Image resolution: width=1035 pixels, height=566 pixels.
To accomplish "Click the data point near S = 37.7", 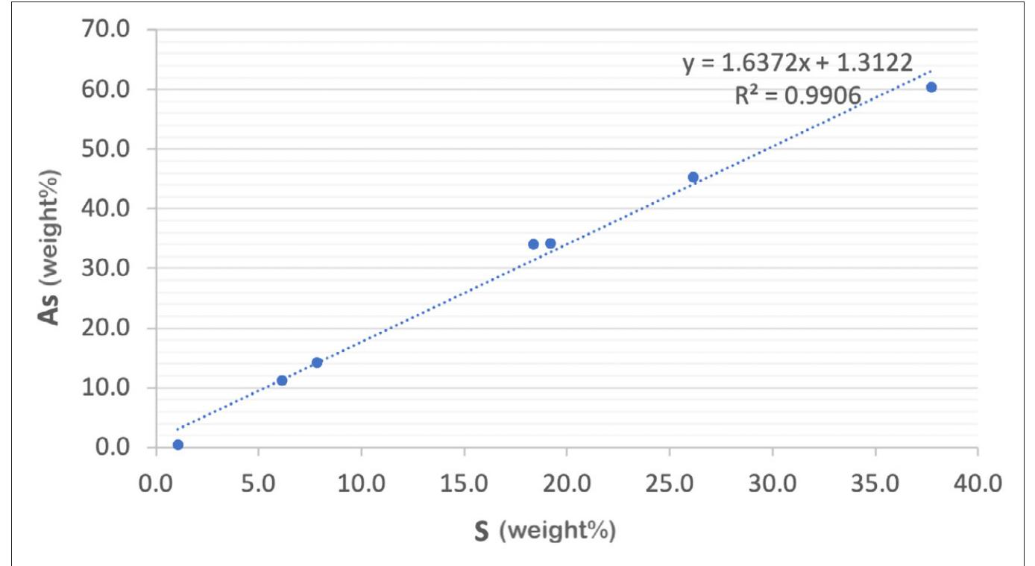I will (931, 87).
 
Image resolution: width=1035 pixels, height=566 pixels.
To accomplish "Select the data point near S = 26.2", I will (693, 177).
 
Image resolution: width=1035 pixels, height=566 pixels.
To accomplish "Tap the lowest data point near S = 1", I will (177, 445).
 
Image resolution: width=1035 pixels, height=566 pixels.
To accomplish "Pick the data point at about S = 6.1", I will (282, 380).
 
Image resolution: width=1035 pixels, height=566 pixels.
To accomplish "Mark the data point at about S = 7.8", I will (317, 362).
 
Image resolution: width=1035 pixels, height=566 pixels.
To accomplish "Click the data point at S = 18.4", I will (533, 244).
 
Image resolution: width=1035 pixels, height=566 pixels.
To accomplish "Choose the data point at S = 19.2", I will (550, 243).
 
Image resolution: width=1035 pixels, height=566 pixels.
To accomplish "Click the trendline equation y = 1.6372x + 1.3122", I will (797, 64).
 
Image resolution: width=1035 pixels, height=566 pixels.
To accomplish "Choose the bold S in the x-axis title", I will (482, 533).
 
